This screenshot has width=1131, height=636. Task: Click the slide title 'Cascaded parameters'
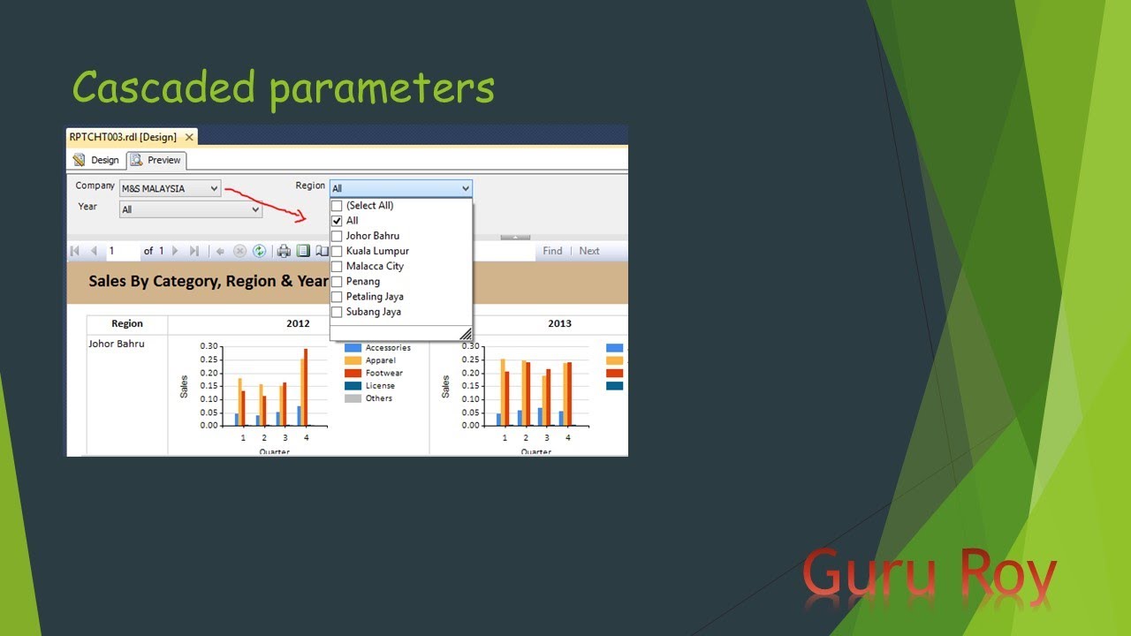pyautogui.click(x=283, y=88)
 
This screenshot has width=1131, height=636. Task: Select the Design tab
pyautogui.click(x=96, y=160)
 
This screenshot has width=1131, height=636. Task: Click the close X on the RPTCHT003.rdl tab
pyautogui.click(x=189, y=138)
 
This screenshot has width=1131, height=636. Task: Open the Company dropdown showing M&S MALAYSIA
pyautogui.click(x=171, y=188)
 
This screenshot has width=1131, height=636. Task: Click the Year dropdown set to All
pyautogui.click(x=191, y=209)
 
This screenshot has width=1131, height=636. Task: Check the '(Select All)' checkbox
pyautogui.click(x=337, y=206)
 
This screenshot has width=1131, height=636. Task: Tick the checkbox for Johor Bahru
pyautogui.click(x=337, y=236)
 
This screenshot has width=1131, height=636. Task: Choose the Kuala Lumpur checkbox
pyautogui.click(x=337, y=251)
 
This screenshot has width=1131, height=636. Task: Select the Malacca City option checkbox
pyautogui.click(x=337, y=266)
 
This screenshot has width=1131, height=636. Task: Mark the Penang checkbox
pyautogui.click(x=337, y=281)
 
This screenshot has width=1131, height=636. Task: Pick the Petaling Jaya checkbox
pyautogui.click(x=337, y=296)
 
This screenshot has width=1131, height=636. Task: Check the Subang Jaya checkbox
pyautogui.click(x=337, y=312)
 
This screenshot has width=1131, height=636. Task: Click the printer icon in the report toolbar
pyautogui.click(x=284, y=251)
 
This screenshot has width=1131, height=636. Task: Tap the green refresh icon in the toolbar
pyautogui.click(x=260, y=251)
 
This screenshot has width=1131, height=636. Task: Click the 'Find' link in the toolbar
pyautogui.click(x=552, y=251)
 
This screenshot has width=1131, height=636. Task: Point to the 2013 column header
pyautogui.click(x=559, y=323)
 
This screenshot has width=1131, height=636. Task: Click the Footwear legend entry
pyautogui.click(x=383, y=373)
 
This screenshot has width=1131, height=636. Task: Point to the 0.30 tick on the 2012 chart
pyautogui.click(x=209, y=346)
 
